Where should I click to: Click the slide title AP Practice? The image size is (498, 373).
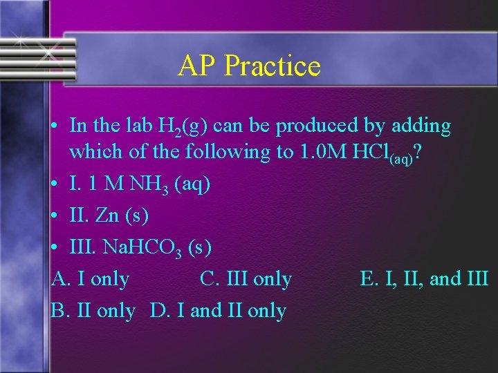click(x=249, y=66)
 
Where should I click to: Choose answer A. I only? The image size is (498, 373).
click(x=91, y=279)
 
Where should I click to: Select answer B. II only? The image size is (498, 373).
click(x=93, y=311)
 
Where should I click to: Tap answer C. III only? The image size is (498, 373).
click(x=246, y=279)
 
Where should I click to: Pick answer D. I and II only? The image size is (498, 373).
click(x=218, y=311)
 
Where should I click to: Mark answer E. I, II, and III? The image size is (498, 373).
click(x=424, y=279)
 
